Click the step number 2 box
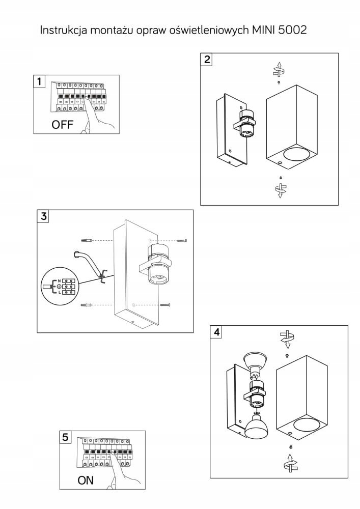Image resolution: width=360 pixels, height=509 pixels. (207, 59)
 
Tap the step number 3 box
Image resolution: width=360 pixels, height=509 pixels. (44, 216)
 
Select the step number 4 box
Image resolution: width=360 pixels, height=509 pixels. (217, 332)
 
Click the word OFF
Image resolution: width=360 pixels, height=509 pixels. (63, 124)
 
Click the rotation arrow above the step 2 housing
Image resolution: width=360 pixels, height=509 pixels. (278, 69)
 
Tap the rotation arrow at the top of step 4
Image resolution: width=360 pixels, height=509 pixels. (288, 337)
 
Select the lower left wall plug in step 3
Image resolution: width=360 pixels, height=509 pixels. (87, 305)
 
